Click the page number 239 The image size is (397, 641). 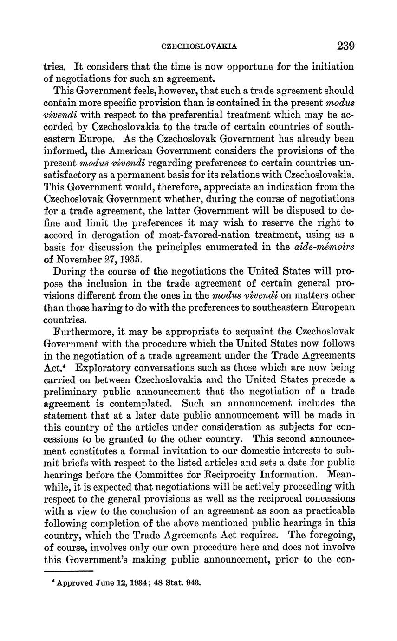[346, 46]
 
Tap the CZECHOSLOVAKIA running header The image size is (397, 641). [199, 46]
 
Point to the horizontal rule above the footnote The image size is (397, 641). [69, 571]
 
